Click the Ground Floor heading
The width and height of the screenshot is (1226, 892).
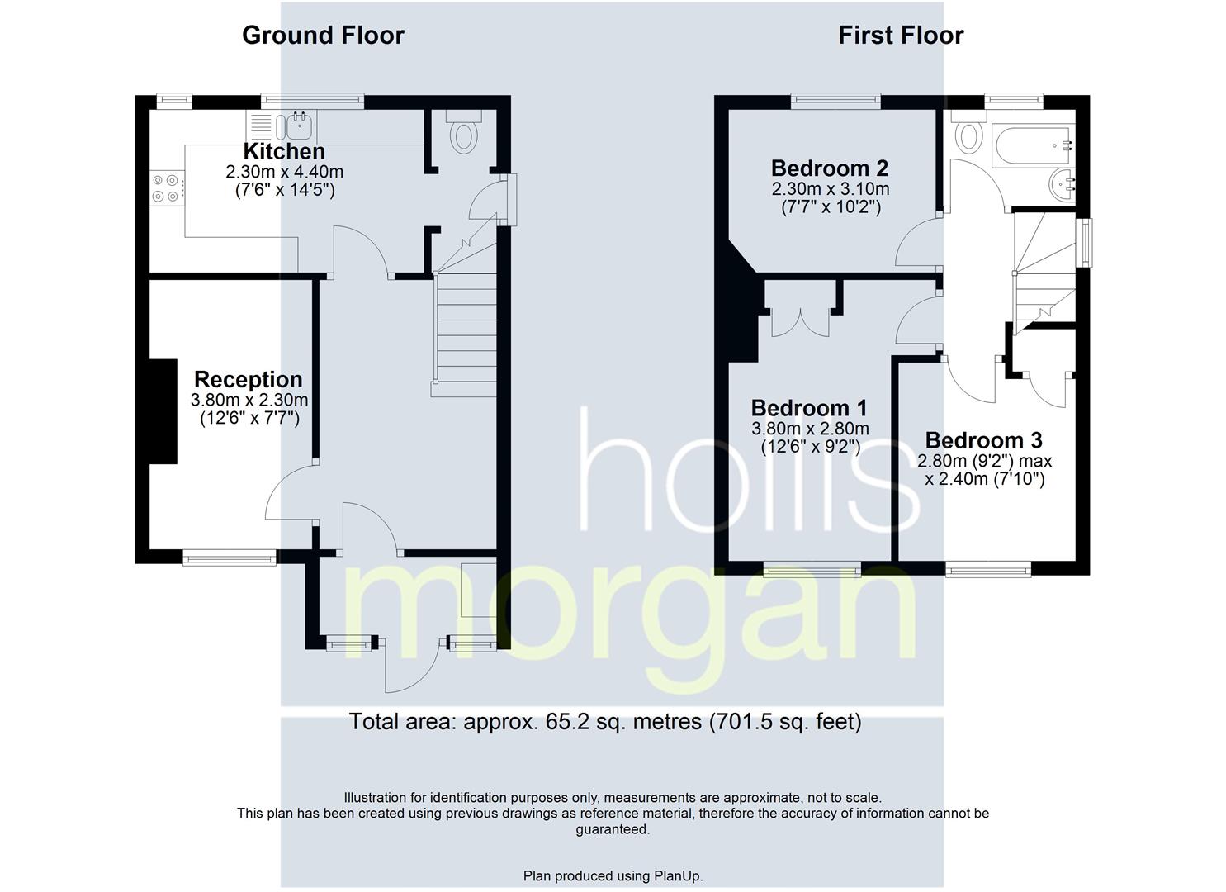coord(323,36)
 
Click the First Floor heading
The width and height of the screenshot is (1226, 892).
coord(901,36)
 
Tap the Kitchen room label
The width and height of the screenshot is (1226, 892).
coord(284,152)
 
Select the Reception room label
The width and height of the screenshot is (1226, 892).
coord(249,380)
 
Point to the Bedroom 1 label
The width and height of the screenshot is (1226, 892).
coord(809,408)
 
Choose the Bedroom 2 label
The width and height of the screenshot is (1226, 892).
coord(830,168)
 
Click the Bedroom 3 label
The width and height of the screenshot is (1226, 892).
coord(983,440)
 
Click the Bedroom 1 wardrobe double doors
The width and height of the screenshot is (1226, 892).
coord(800,321)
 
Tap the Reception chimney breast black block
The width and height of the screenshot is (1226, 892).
coord(163,410)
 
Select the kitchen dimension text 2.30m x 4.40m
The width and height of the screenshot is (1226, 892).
coord(284,173)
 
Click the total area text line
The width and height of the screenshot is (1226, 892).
coord(605,722)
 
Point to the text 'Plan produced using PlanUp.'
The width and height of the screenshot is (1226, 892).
coord(613,875)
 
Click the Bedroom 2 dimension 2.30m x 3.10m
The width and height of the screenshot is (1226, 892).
coord(830,189)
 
